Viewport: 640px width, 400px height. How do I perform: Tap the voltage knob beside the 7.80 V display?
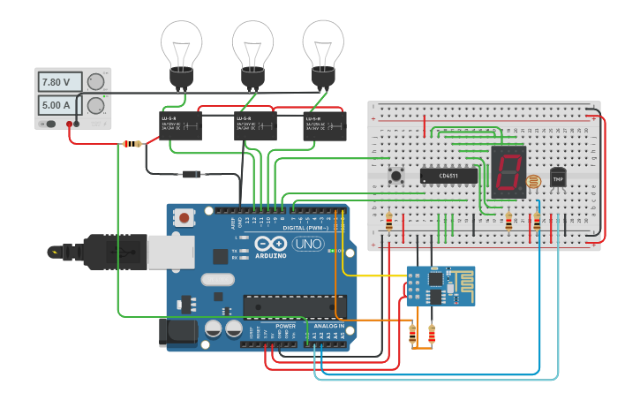96,82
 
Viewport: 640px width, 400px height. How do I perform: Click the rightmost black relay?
325,125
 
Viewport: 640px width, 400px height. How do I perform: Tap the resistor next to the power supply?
133,144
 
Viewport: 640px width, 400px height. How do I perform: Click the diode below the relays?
192,174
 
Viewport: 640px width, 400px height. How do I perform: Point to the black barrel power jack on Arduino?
177,332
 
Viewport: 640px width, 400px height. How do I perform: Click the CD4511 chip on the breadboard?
448,176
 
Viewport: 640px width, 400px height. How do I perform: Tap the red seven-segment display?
508,170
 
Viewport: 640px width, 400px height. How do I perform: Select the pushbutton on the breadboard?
396,176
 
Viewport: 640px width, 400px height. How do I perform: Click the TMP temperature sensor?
558,177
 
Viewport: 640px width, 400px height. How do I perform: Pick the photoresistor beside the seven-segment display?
533,184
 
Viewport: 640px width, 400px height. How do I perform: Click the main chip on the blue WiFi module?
435,279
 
